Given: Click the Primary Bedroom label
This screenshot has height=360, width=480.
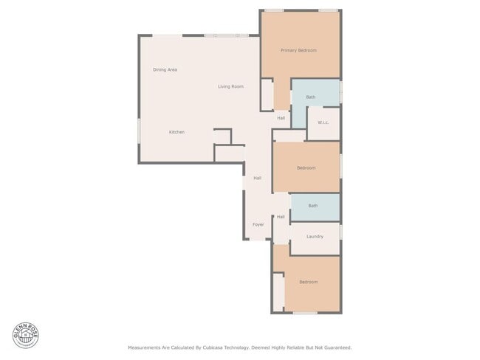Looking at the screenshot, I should [x=298, y=50].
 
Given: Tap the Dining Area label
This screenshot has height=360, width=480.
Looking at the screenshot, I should [x=165, y=69].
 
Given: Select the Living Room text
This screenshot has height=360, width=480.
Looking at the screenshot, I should [x=230, y=86].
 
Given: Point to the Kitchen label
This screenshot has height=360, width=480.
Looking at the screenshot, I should [x=176, y=132].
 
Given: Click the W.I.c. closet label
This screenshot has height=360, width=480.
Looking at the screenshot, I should [x=323, y=122].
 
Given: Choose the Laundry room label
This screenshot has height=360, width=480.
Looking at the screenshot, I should [x=315, y=236].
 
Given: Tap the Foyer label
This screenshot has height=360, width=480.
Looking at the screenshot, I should [x=258, y=224].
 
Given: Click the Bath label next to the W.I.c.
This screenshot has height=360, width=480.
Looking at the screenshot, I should [x=311, y=97].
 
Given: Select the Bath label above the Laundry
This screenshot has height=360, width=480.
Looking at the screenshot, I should [x=313, y=206].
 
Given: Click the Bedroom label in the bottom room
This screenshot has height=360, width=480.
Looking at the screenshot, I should [x=308, y=282].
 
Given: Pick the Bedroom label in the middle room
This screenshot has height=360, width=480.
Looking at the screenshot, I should [x=306, y=167].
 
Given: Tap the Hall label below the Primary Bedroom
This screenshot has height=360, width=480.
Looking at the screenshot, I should [x=281, y=118].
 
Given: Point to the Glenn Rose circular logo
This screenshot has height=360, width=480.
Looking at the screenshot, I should [x=25, y=335].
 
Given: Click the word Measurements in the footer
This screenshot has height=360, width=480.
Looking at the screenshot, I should [x=145, y=347].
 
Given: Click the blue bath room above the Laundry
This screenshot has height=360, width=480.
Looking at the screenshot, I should [x=315, y=208].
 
